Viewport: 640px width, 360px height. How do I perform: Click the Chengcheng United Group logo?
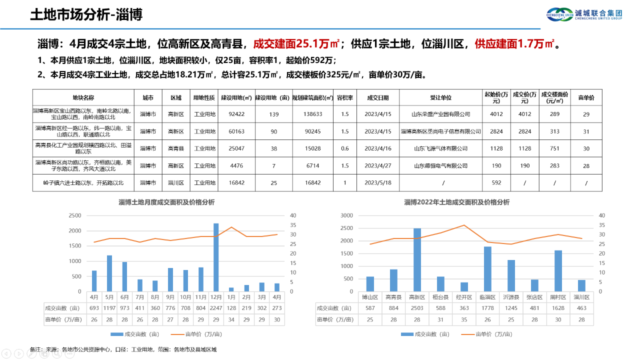click(x=584, y=14)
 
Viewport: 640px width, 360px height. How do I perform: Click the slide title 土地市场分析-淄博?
click(x=86, y=14)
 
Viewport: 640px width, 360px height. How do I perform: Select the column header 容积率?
click(x=344, y=97)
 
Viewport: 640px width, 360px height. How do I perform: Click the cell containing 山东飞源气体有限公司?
click(x=440, y=148)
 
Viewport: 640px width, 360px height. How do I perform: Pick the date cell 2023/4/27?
click(x=377, y=165)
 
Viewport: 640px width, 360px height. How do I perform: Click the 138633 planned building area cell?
click(x=312, y=114)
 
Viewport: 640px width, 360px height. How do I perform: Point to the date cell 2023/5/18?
click(x=377, y=182)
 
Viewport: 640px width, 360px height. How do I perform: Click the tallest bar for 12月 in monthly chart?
click(x=216, y=257)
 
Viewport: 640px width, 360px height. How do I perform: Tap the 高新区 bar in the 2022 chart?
click(x=417, y=259)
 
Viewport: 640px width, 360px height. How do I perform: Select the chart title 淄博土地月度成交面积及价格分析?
click(x=166, y=202)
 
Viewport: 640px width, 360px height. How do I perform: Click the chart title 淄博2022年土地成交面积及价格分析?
click(x=456, y=202)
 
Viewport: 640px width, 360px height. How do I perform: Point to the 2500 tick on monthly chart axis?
click(x=74, y=215)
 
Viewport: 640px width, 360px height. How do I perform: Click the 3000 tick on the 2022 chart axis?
click(x=346, y=215)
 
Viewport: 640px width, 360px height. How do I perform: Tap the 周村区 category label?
click(x=558, y=297)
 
